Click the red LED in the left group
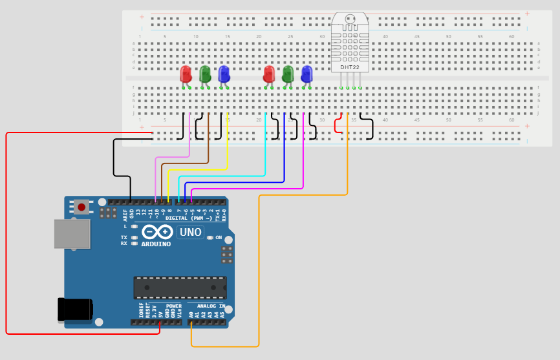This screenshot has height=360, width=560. pos(186,74)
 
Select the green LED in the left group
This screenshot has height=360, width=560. pos(205,74)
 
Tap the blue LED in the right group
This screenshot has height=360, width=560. pos(307,74)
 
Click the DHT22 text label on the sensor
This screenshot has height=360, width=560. pos(350,67)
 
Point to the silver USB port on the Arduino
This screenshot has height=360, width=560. pos(71,233)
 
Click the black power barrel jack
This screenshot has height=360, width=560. pos(74,309)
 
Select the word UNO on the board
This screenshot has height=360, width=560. pos(190,232)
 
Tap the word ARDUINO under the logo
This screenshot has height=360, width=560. pos(156,244)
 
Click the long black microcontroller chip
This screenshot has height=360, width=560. pos(180,288)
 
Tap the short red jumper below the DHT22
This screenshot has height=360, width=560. pos(337,125)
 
